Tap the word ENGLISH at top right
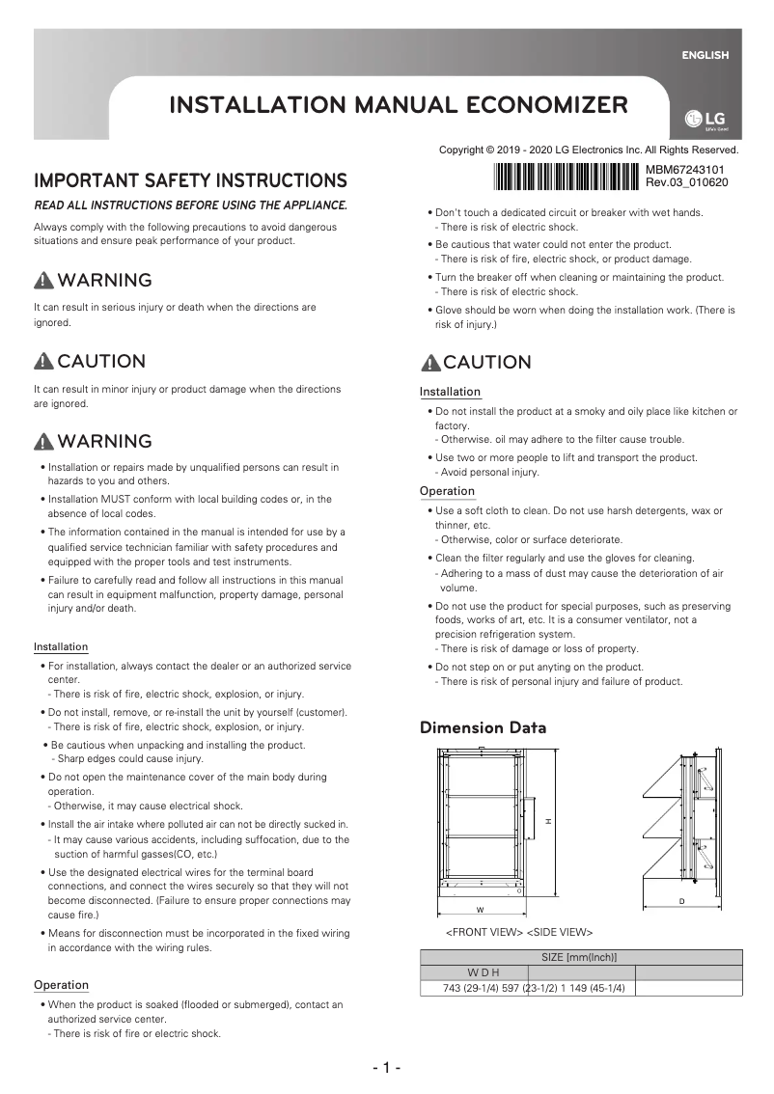705,55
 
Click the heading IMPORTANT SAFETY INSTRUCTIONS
190,180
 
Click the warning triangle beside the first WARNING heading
43,281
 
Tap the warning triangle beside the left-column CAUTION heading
43,362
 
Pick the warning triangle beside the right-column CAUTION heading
430,363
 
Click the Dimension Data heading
483,727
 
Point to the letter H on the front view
547,821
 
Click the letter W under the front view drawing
480,910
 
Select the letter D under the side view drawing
681,901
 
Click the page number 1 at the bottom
386,1068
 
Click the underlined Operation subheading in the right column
447,491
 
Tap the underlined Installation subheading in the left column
61,646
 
